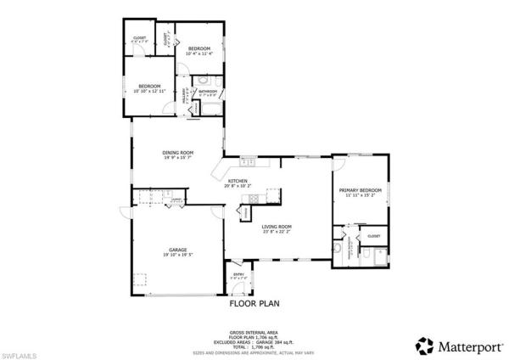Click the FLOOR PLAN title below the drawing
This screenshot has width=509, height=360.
[255, 302]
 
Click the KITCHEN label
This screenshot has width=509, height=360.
[237, 182]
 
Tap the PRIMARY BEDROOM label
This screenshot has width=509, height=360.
[360, 189]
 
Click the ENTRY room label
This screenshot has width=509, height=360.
[238, 273]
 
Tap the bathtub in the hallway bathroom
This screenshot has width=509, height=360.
[207, 108]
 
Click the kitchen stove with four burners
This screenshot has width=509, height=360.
[272, 192]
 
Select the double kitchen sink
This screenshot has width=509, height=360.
[248, 161]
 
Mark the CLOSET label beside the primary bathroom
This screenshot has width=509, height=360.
[372, 236]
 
